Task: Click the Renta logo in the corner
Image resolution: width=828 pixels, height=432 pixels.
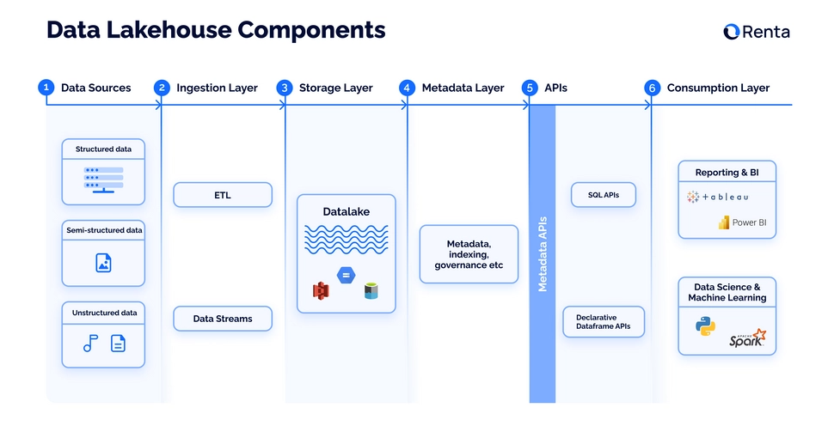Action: click(756, 32)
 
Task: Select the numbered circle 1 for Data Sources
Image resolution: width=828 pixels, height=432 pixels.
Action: click(46, 88)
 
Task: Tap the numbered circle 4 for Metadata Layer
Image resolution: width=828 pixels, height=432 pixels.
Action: click(407, 88)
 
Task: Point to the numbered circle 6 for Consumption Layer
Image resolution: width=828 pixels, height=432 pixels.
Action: click(652, 88)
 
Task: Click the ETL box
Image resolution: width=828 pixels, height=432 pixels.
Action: click(223, 195)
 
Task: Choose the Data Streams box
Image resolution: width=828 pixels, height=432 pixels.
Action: click(223, 319)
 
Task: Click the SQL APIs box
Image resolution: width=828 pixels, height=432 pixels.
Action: click(604, 195)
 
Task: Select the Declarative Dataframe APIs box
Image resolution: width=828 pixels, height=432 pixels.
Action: click(604, 322)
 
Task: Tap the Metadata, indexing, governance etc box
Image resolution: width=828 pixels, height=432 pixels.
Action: click(469, 254)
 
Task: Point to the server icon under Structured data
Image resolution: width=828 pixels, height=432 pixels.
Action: click(103, 179)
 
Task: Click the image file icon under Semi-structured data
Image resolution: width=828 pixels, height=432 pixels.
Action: click(103, 263)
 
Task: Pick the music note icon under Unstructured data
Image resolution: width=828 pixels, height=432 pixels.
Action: click(89, 344)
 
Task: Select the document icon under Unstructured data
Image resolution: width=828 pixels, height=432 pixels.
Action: click(118, 344)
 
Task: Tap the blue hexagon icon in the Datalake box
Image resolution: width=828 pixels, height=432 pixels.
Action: click(347, 276)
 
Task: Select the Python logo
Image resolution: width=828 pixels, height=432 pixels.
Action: click(706, 326)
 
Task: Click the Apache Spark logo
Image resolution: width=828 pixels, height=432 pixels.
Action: click(746, 338)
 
